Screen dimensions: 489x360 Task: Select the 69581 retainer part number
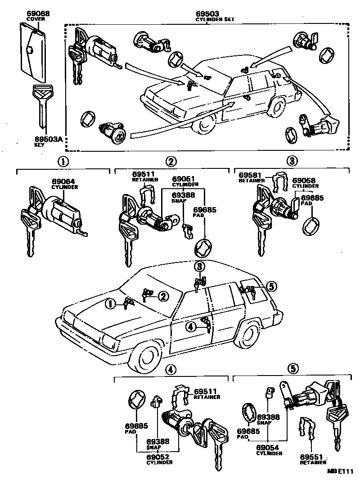click(x=249, y=175)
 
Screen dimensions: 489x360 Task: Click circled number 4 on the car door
click(x=191, y=327)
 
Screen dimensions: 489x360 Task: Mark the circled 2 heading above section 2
click(x=171, y=161)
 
